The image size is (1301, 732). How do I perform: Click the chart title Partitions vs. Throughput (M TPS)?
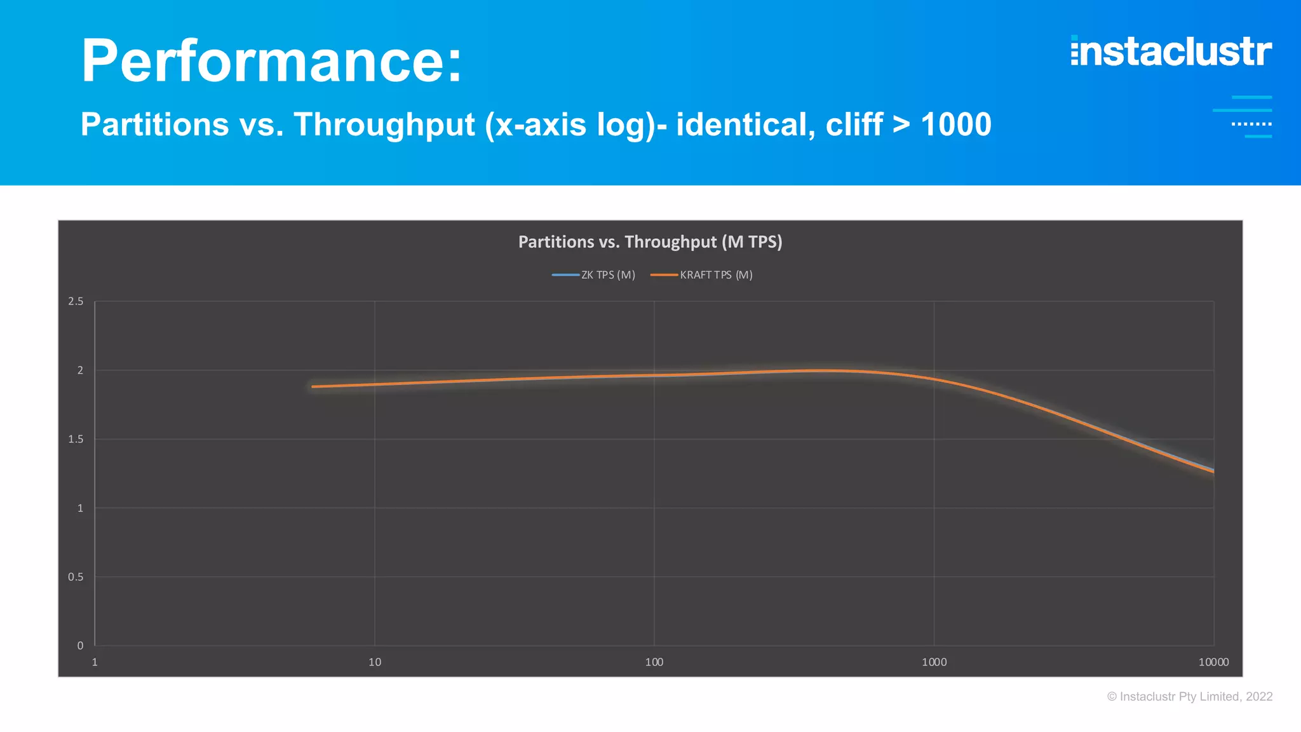(650, 242)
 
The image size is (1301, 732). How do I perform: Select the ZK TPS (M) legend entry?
(595, 275)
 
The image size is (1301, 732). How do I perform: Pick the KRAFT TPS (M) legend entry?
(703, 275)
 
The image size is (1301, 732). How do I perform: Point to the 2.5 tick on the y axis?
(76, 301)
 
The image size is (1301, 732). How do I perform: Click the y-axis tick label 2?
(80, 370)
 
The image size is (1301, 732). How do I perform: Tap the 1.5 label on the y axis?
(76, 439)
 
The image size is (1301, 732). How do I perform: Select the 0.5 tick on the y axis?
(76, 577)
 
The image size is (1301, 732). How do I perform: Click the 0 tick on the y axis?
(80, 646)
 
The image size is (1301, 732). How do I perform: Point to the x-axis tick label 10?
(375, 662)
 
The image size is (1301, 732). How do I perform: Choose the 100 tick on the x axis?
(654, 662)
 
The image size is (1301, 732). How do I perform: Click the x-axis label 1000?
(934, 662)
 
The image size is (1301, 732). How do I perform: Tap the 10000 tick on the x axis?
(1213, 662)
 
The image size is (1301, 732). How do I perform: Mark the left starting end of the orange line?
(313, 386)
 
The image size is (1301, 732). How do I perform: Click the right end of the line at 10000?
(1213, 471)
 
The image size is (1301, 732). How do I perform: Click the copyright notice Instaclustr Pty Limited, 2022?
(1190, 696)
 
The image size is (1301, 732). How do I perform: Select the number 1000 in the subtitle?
(956, 125)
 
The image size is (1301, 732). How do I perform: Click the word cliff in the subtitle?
(854, 125)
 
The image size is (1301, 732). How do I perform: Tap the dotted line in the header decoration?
(1251, 124)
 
